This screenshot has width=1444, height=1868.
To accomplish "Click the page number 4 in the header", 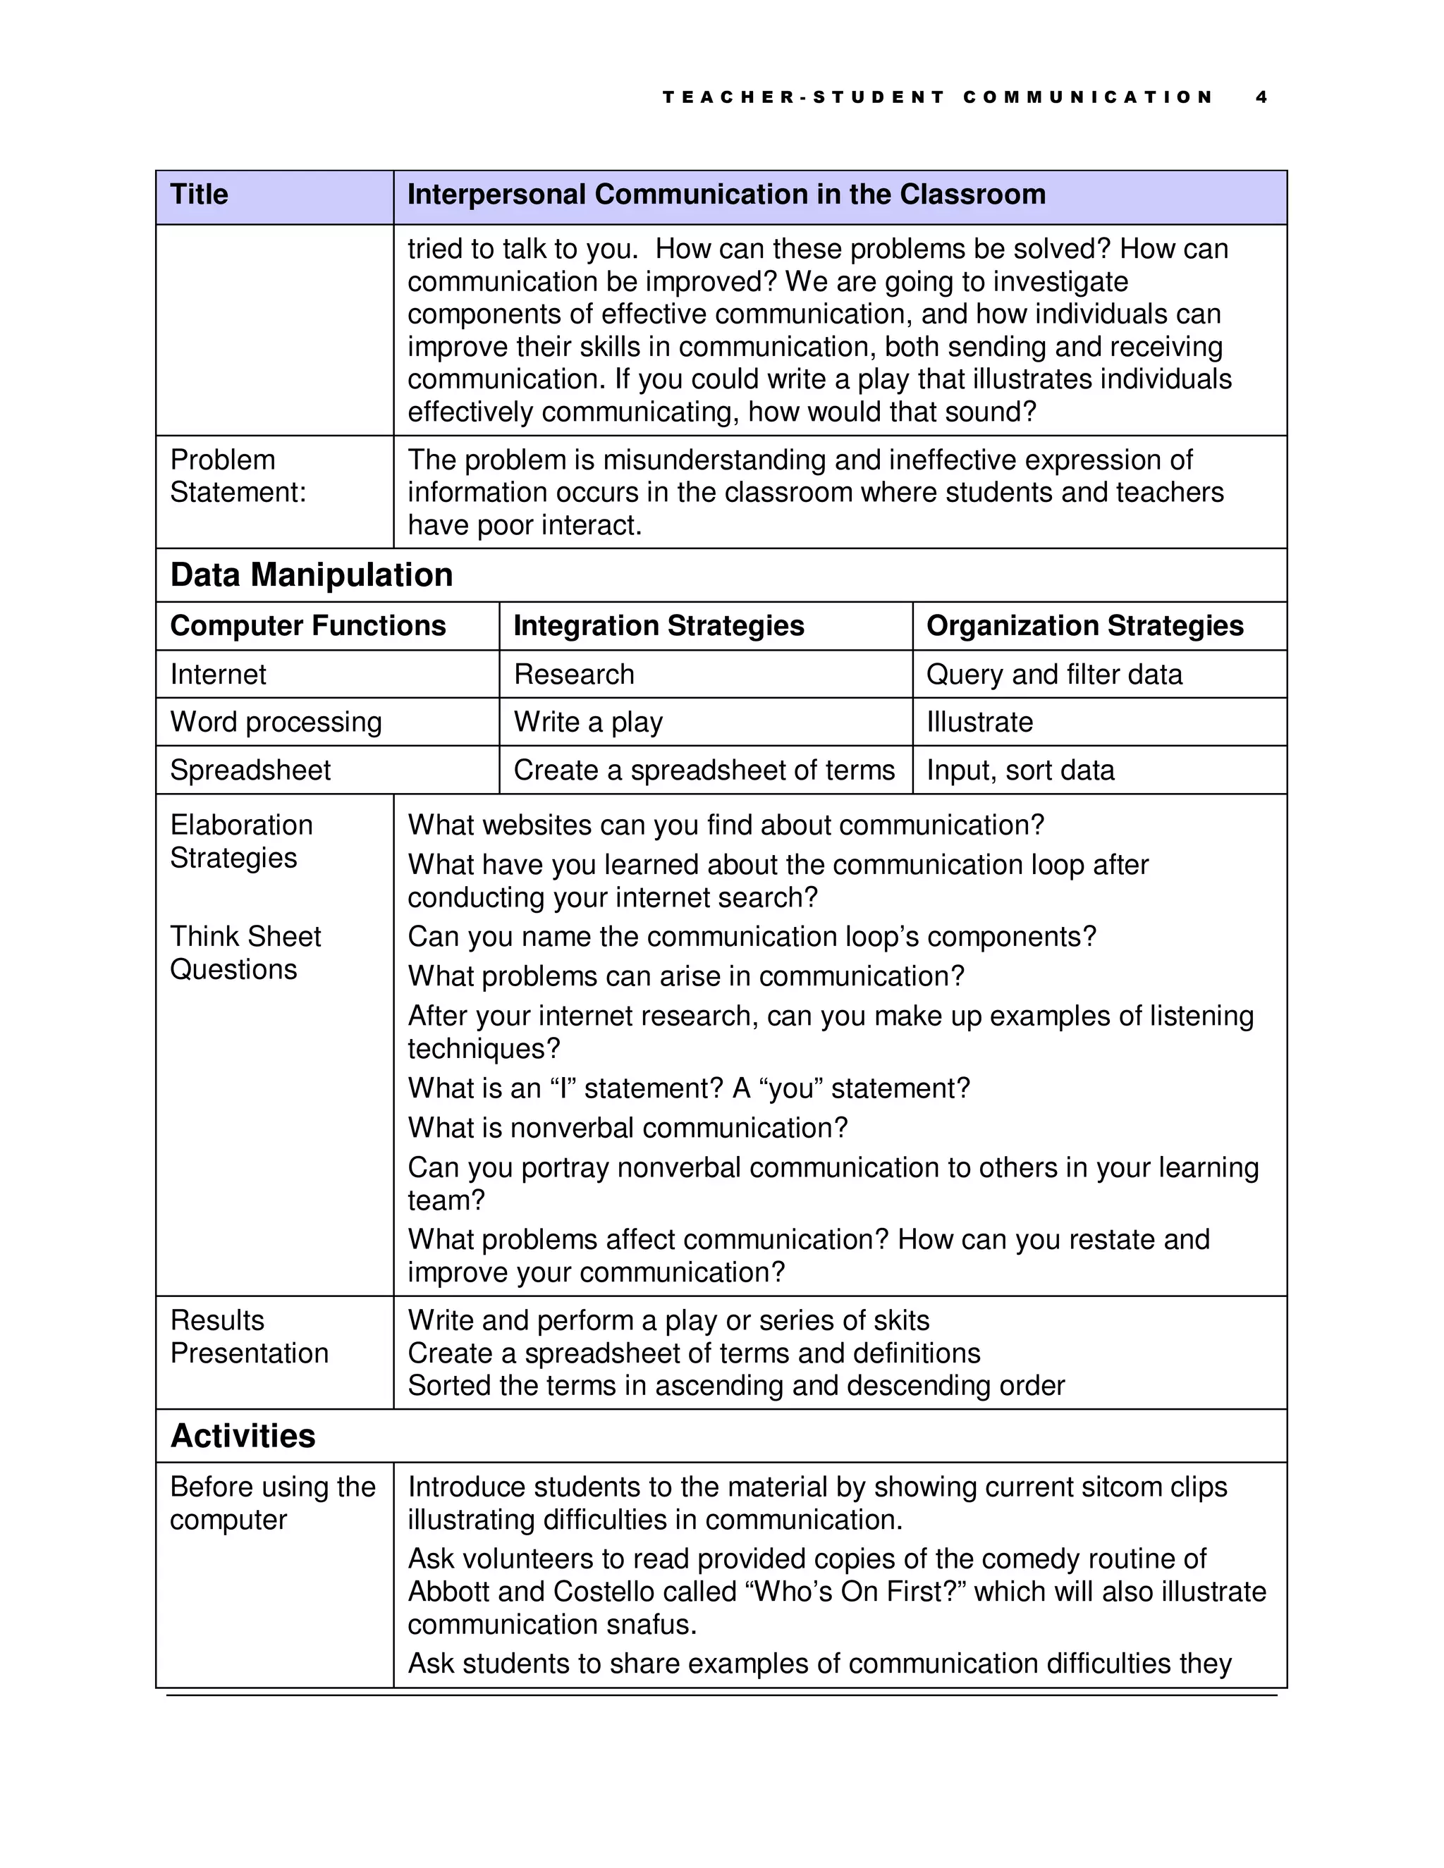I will (1261, 97).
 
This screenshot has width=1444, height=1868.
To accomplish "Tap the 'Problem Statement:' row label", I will (238, 477).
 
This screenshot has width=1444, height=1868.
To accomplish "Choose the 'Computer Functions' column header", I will (308, 626).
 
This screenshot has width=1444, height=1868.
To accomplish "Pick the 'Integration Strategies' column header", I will (659, 626).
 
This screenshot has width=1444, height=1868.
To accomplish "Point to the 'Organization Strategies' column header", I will (1084, 626).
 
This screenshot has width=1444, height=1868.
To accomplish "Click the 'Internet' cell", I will (218, 675).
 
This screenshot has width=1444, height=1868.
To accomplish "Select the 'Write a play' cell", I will (589, 723).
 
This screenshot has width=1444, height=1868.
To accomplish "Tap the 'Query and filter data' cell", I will (1054, 675).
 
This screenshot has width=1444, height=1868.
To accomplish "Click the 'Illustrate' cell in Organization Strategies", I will (979, 723).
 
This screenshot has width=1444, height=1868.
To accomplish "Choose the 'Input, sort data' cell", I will (1020, 770).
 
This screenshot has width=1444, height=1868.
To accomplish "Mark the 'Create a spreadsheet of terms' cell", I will (704, 770).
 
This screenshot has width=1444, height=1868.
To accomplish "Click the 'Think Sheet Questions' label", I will (245, 953).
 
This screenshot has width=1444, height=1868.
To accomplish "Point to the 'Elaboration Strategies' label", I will (241, 842).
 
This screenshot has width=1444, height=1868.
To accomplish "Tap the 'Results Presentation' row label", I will (248, 1337).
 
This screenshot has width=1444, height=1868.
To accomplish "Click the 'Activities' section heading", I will (243, 1436).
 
